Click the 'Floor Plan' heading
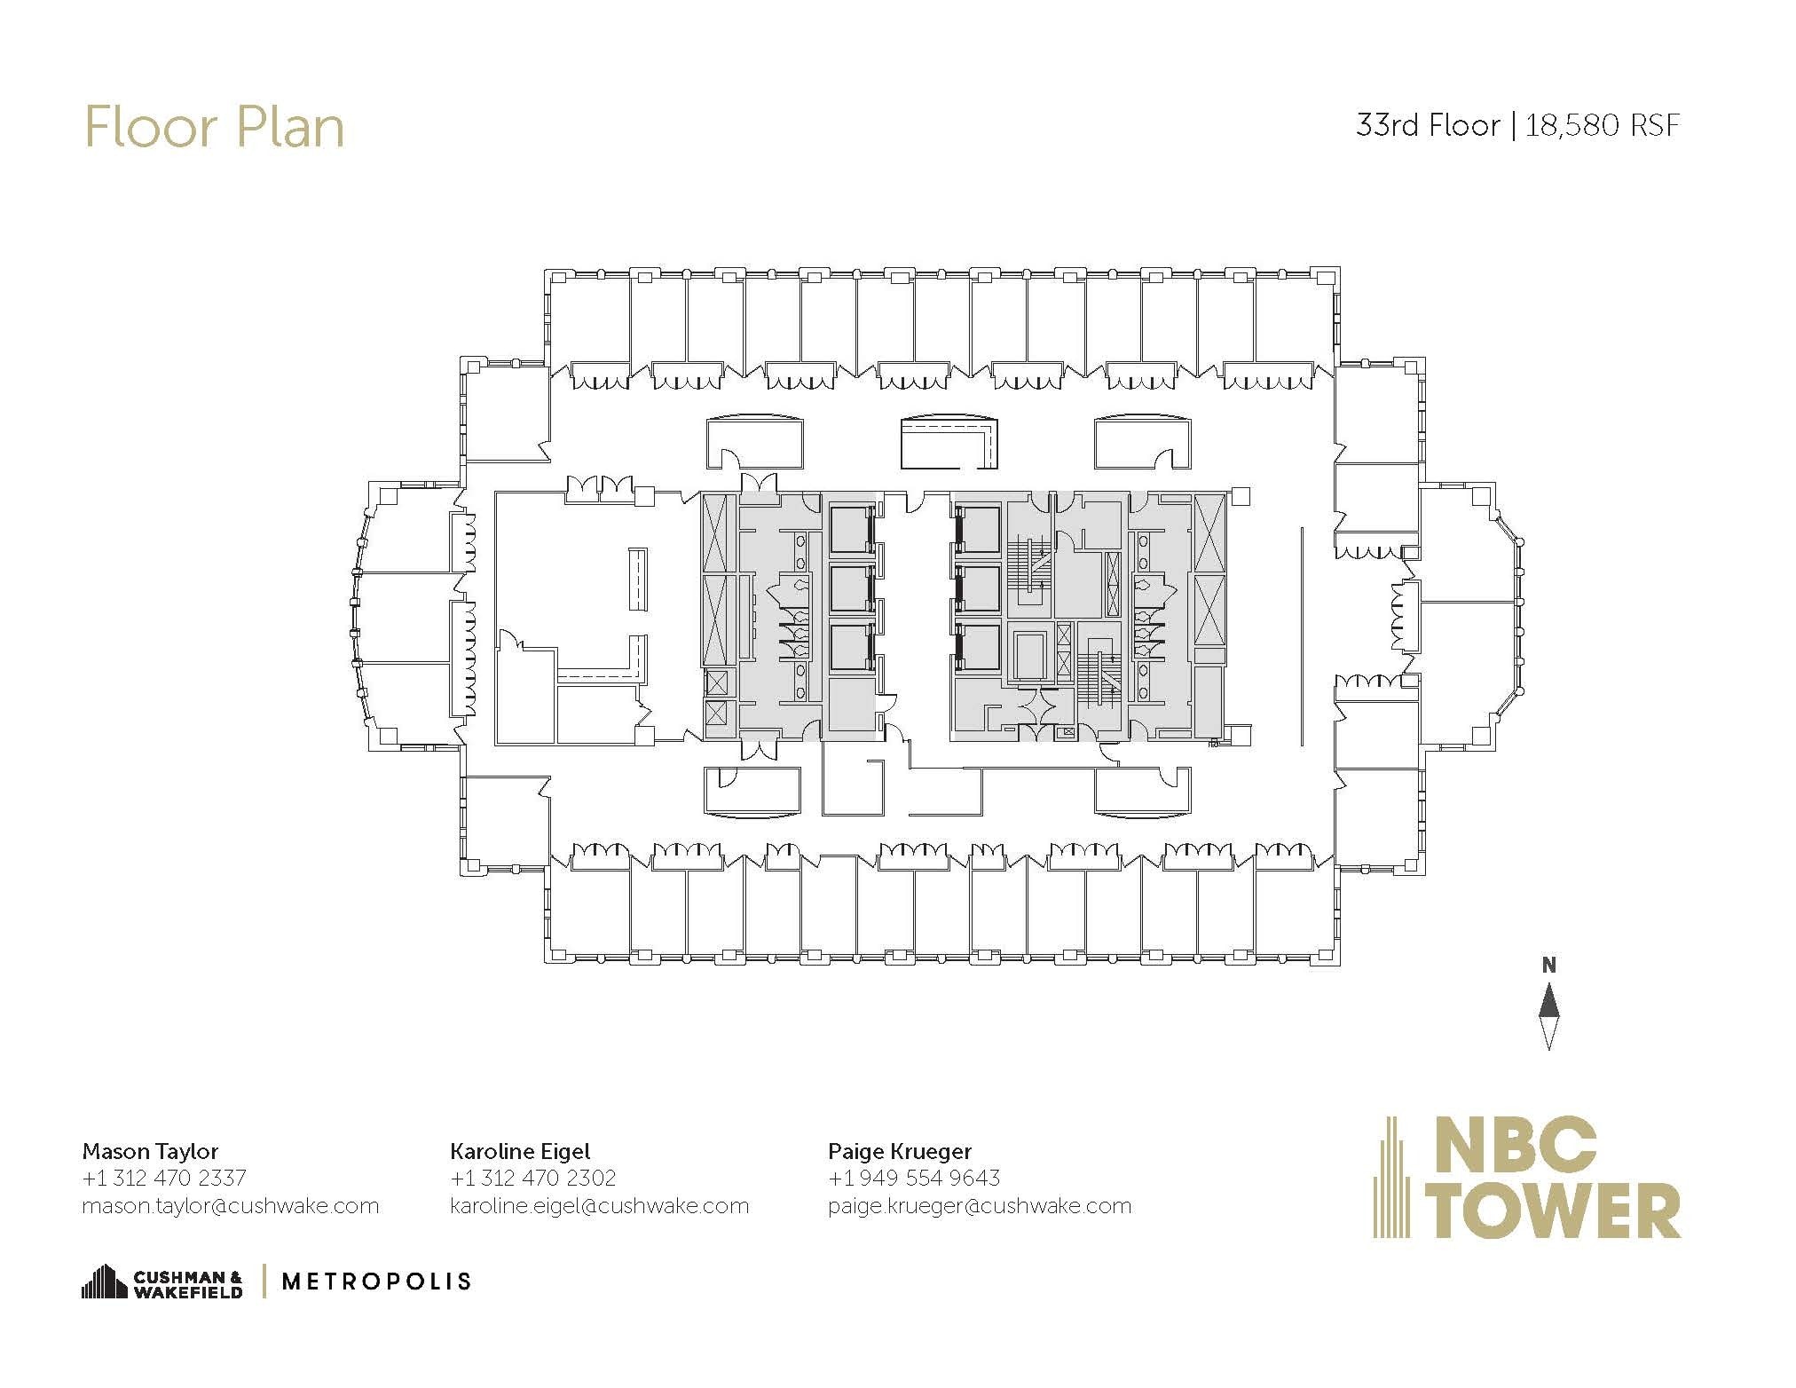pos(214,127)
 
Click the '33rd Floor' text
pos(1427,125)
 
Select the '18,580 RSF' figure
pos(1603,125)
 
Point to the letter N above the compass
pos(1548,966)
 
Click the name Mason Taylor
pos(150,1151)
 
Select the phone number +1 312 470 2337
pos(164,1178)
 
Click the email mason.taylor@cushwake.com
pos(231,1206)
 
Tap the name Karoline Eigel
pos(520,1151)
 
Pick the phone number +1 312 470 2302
pos(533,1178)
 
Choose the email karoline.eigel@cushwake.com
pos(600,1206)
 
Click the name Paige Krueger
pos(900,1151)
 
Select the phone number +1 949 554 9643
pos(914,1178)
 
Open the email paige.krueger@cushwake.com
pos(980,1206)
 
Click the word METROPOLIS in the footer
pos(376,1282)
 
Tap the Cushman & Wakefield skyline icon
pos(104,1282)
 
